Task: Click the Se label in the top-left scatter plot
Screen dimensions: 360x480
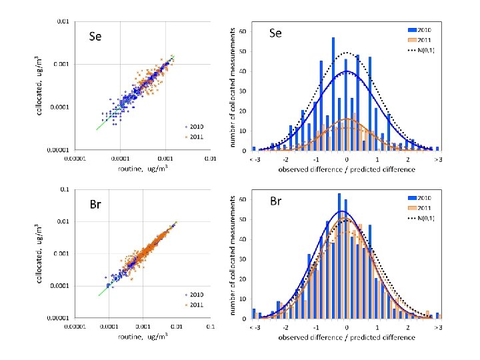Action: point(95,37)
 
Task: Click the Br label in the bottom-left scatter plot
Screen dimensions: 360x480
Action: point(95,204)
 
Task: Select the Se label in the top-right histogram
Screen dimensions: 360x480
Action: point(277,33)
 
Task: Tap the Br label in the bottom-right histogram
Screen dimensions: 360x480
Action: point(278,200)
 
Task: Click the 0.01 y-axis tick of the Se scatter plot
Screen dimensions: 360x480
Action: point(61,21)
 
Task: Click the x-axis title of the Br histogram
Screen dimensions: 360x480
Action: point(347,337)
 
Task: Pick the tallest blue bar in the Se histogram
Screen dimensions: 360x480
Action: point(333,93)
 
